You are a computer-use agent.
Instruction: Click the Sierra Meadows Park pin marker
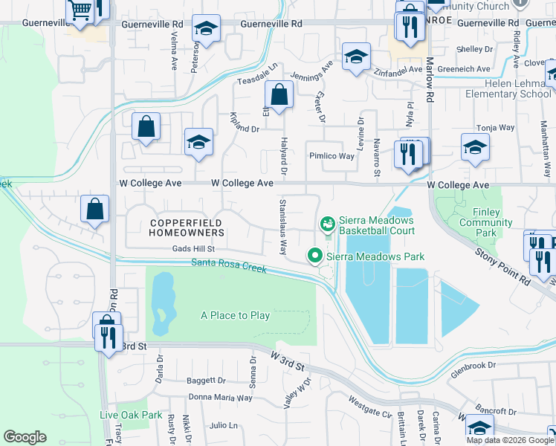pos(315,256)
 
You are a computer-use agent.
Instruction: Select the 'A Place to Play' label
pos(235,315)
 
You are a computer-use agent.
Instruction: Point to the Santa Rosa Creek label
pos(228,264)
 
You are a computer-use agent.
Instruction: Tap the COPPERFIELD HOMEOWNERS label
pos(187,227)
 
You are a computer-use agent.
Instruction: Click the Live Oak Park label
pos(131,415)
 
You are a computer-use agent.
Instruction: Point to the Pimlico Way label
pos(332,156)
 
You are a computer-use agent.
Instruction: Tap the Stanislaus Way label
pos(282,226)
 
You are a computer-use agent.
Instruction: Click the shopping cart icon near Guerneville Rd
pos(80,10)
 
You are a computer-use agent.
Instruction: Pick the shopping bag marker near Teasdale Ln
pos(279,96)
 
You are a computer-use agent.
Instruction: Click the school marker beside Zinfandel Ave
pos(356,56)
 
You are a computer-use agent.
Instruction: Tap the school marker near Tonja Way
pos(475,148)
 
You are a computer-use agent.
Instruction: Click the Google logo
pos(25,437)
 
